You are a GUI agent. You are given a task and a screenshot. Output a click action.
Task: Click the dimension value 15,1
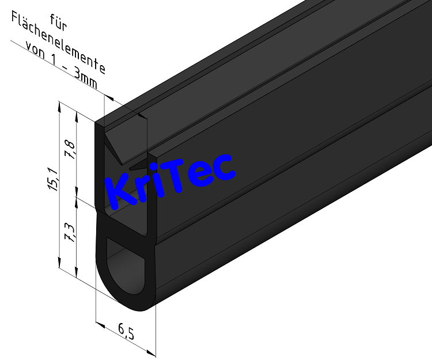(52, 180)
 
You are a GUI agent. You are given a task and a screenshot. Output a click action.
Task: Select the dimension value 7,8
(70, 150)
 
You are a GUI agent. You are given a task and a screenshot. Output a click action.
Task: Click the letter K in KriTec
(123, 187)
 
